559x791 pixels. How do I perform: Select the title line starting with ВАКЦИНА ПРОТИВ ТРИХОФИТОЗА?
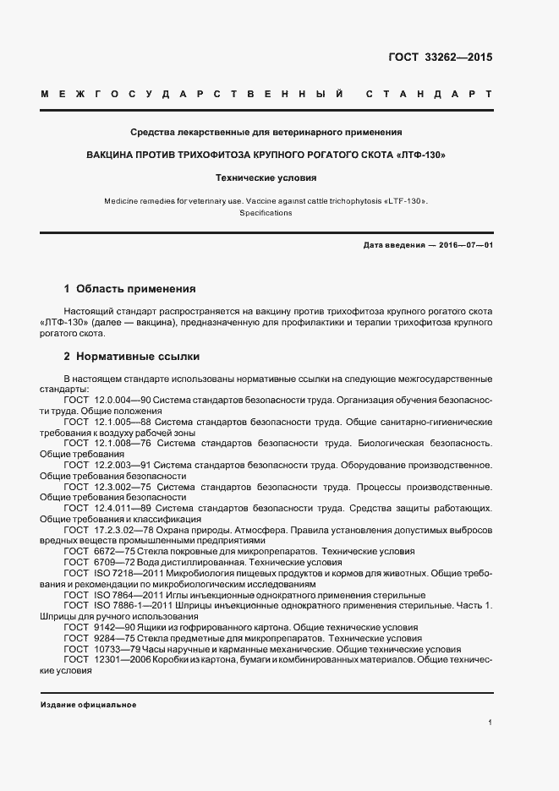[x=266, y=155]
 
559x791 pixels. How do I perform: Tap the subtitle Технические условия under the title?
[x=266, y=178]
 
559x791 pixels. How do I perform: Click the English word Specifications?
[x=266, y=214]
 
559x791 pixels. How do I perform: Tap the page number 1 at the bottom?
[x=490, y=723]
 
